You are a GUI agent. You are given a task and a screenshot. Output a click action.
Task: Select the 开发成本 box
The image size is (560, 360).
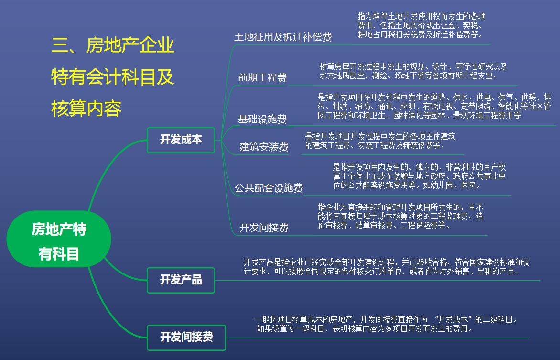coord(181,140)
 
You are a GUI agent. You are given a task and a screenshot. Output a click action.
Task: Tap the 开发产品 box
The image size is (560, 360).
coord(181,280)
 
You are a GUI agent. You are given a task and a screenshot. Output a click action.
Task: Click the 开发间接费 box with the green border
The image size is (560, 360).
coord(186,337)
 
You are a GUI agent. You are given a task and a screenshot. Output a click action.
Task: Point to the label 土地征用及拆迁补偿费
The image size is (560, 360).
coord(283,37)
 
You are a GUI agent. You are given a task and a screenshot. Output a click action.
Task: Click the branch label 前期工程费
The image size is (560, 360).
coord(262,77)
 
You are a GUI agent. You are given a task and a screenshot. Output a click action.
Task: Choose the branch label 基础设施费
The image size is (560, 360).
coord(262,119)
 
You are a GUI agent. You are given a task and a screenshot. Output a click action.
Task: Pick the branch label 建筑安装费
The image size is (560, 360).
coord(264,146)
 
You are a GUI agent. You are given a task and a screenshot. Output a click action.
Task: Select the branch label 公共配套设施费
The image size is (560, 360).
coord(269,188)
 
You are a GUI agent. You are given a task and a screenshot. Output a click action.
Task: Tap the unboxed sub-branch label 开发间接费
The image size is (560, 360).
coord(264,228)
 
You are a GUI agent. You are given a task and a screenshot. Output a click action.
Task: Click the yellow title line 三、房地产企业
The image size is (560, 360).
coord(113,46)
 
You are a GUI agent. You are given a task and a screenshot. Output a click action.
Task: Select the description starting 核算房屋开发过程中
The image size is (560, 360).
coord(413,71)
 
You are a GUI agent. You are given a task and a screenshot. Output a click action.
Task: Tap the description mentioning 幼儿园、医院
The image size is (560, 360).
coord(419,176)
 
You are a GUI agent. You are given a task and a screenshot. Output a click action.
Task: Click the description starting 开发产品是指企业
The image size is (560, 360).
coord(386,266)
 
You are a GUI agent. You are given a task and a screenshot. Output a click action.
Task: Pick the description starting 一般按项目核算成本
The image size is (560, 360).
coord(386,324)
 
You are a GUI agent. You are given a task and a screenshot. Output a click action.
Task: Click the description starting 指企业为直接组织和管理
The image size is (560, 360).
coord(400,216)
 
